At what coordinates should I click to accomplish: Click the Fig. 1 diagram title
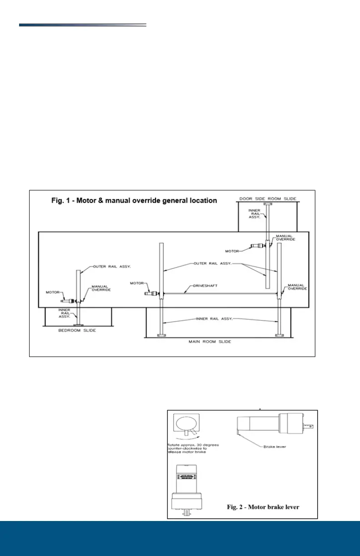pyautogui.click(x=134, y=200)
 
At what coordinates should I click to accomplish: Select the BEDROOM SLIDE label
pyautogui.click(x=78, y=330)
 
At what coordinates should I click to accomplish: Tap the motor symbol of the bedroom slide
pyautogui.click(x=69, y=300)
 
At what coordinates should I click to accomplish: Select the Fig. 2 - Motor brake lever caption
pyautogui.click(x=263, y=507)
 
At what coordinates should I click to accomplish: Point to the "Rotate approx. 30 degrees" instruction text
pyautogui.click(x=193, y=445)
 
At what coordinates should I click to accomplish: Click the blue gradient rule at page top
pyautogui.click(x=83, y=25)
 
